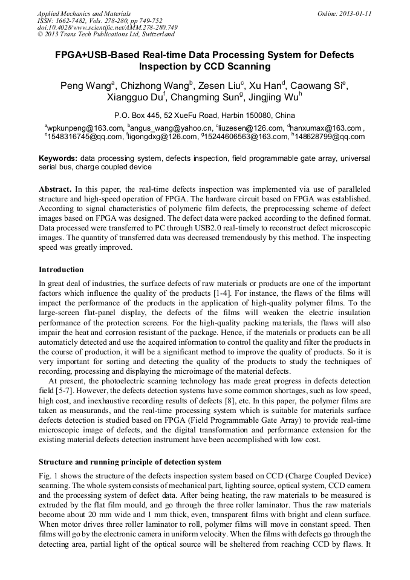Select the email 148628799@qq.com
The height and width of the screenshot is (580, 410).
(x=331, y=137)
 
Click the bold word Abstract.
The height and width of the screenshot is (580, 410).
(x=55, y=189)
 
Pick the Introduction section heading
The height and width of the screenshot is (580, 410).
(x=61, y=269)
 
